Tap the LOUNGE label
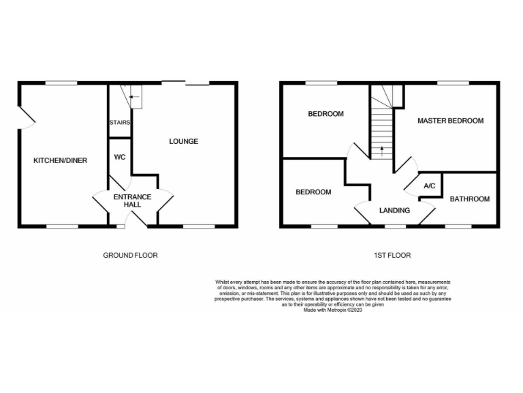[184, 142]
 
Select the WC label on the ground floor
[120, 157]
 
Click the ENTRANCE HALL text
[132, 201]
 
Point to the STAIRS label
[120, 123]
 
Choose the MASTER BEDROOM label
[450, 121]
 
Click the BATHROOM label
[469, 199]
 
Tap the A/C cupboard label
[430, 186]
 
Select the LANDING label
[394, 211]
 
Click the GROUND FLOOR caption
[130, 256]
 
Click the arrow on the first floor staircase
[382, 149]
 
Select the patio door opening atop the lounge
[185, 83]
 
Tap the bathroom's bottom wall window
[458, 225]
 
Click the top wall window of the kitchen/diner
[61, 83]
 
